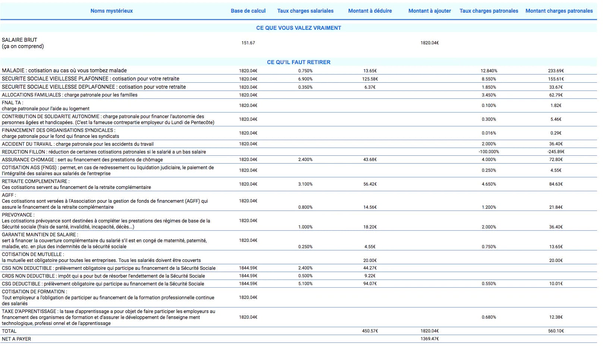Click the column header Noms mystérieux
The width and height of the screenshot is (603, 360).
coord(111,11)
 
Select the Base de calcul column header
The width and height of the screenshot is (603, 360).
coord(248,11)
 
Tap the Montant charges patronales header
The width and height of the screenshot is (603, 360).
coord(559,11)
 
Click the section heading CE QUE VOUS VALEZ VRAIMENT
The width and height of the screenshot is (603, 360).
coord(299,28)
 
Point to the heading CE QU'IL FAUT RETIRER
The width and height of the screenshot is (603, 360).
coord(299,62)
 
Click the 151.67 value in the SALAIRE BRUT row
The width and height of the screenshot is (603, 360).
coord(248,43)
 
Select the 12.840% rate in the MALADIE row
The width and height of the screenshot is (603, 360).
coord(489,71)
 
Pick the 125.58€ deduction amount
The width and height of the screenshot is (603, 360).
coord(370,79)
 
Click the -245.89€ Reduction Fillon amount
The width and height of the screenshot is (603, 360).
coord(556,152)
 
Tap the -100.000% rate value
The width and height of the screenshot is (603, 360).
coord(489,152)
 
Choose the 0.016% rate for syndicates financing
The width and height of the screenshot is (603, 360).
coord(489,133)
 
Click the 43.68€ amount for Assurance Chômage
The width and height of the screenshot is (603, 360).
coord(370,160)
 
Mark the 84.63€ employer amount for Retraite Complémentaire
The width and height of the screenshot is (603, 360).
coord(556,184)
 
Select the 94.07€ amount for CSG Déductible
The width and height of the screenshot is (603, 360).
coord(370,284)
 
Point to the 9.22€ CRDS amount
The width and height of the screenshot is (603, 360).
coord(370,276)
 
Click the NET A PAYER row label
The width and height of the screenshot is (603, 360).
coord(16,339)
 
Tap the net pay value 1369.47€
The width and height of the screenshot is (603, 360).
coord(430,339)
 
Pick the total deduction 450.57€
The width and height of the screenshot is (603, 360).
coord(370,331)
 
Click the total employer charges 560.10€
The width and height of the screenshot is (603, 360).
coord(556,331)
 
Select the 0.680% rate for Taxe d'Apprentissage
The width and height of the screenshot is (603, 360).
coord(489,317)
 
